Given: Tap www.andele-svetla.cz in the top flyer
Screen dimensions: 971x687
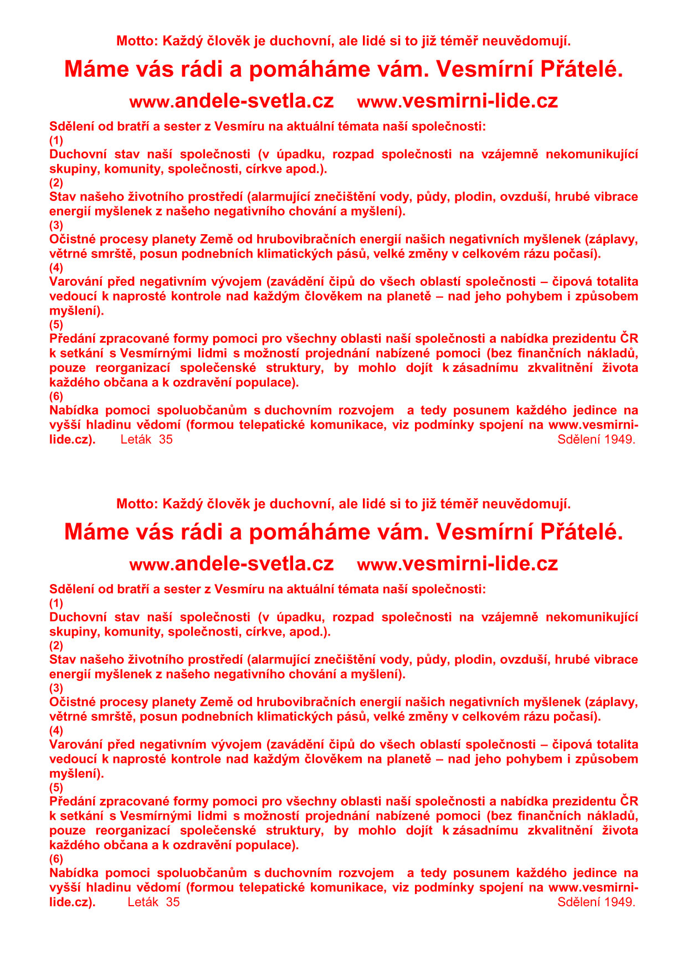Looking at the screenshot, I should [x=232, y=101].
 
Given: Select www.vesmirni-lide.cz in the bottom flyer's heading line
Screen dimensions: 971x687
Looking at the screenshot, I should [x=458, y=564].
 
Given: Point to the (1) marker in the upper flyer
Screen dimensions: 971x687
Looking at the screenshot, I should [x=57, y=140].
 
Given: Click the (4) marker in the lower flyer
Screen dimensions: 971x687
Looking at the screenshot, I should [x=57, y=730].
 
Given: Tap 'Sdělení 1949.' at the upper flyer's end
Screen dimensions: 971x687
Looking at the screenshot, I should [x=596, y=440].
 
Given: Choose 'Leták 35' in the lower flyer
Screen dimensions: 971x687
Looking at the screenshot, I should [x=153, y=902].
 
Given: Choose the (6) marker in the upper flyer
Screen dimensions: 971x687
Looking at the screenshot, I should [x=57, y=396].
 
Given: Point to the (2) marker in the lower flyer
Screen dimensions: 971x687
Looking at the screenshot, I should [x=57, y=645].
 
